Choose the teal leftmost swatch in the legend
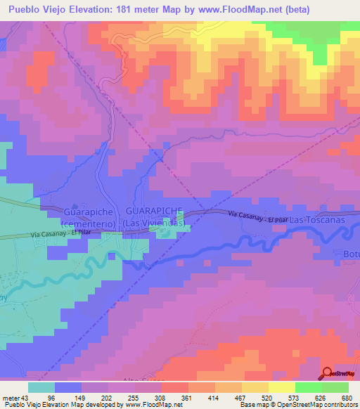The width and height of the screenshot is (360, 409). (x=41, y=387)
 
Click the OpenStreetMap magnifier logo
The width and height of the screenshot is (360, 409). (x=327, y=374)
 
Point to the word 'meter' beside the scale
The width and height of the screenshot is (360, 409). (x=13, y=397)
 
